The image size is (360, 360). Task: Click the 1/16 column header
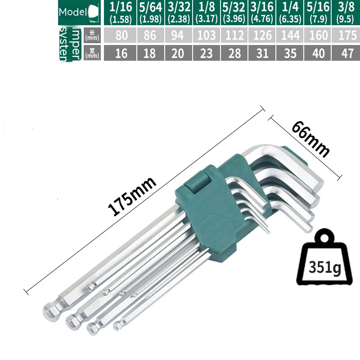pyautogui.click(x=121, y=13)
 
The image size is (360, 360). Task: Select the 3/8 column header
pyautogui.click(x=345, y=13)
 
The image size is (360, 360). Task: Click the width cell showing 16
pyautogui.click(x=121, y=54)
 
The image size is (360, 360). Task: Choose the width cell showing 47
pyautogui.click(x=345, y=54)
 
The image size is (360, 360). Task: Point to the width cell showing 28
pyautogui.click(x=234, y=54)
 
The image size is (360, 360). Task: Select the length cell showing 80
pyautogui.click(x=121, y=35)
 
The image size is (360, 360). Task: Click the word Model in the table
pyautogui.click(x=73, y=13)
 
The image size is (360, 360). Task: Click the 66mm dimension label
pyautogui.click(x=310, y=139)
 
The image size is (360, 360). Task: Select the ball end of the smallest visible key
pyautogui.click(x=118, y=326)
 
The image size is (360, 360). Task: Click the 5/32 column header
pyautogui.click(x=234, y=13)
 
